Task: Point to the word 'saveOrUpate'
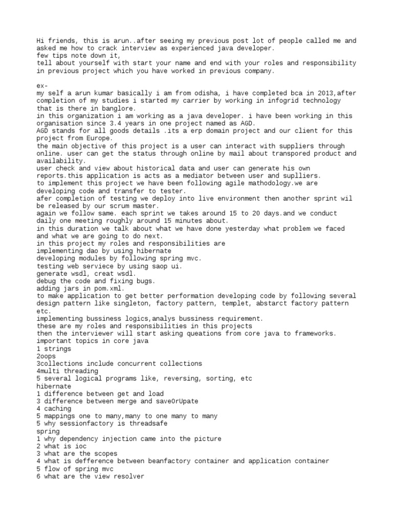[174, 401]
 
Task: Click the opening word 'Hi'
[40, 40]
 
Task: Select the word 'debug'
[46, 281]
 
